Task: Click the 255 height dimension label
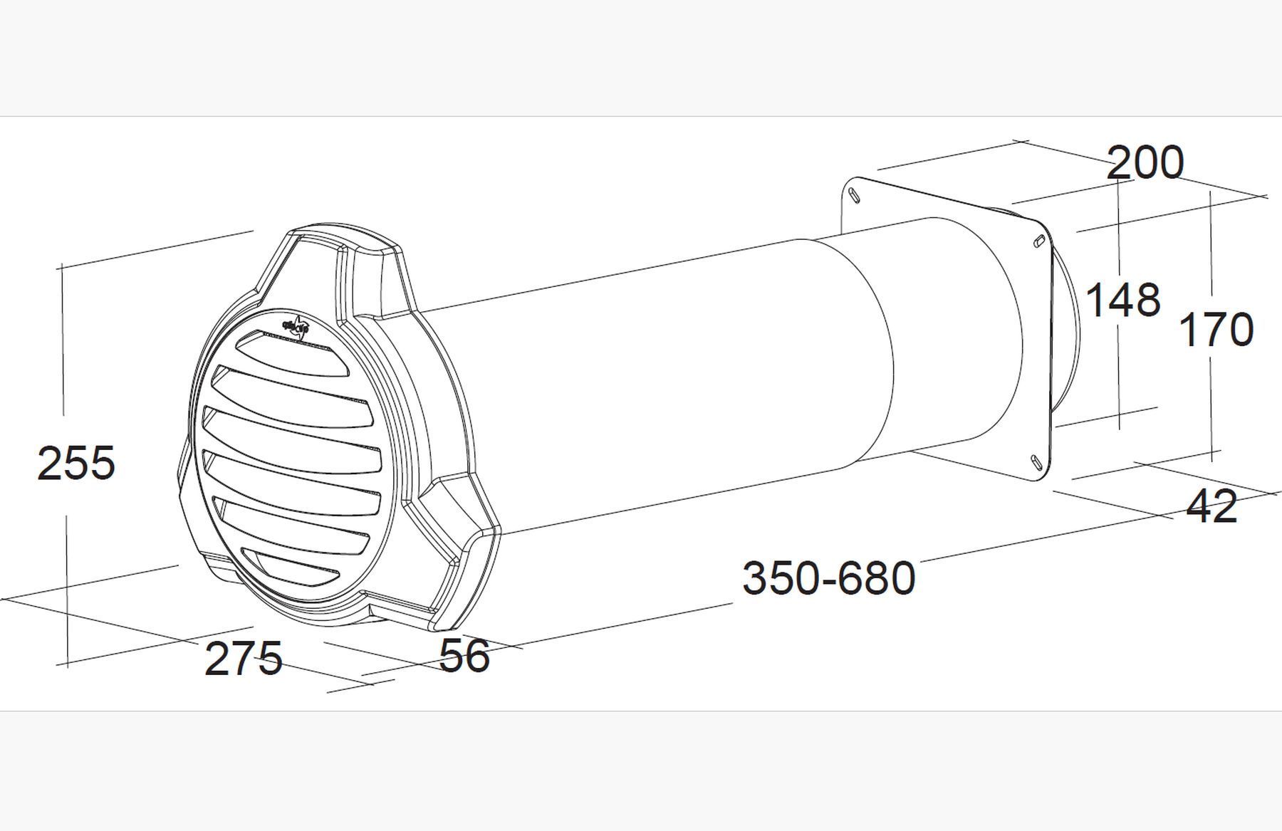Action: pos(75,463)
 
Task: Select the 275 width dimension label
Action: pos(243,658)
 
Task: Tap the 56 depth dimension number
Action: pos(464,655)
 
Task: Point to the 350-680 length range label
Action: pos(828,577)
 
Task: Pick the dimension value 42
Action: pos(1211,507)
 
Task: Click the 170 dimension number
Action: pos(1216,330)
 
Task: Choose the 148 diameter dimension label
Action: pos(1123,299)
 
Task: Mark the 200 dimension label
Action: pos(1145,162)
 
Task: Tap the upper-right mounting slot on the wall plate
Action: pos(1039,240)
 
